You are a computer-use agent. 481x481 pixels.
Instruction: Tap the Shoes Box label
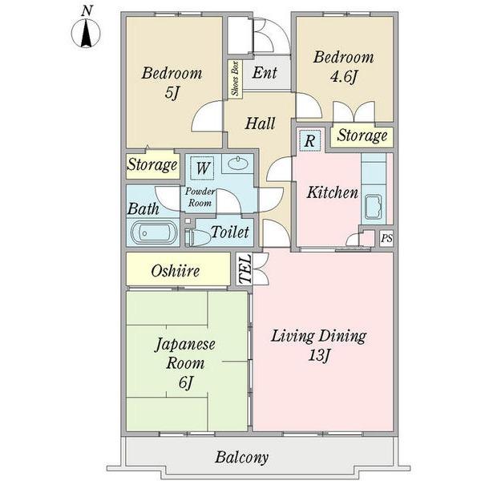[235, 79]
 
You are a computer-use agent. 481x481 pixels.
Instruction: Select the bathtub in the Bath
[154, 232]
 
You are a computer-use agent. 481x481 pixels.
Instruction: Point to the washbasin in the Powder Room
[238, 164]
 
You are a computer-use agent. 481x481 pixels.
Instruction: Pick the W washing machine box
[202, 168]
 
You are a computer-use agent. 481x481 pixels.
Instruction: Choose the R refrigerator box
[309, 141]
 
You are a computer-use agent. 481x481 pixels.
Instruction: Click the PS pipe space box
[386, 238]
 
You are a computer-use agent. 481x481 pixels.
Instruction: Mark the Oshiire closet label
[175, 271]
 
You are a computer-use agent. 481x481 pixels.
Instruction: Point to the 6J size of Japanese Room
[185, 382]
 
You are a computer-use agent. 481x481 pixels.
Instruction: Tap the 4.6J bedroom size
[344, 76]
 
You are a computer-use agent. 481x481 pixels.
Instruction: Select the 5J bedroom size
[172, 93]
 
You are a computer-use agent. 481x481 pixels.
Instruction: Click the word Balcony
[242, 458]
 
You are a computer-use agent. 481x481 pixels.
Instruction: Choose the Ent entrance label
[265, 73]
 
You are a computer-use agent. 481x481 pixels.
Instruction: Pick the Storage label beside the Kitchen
[362, 135]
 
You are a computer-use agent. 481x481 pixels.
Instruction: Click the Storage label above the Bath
[152, 164]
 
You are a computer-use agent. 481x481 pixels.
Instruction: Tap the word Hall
[260, 123]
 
